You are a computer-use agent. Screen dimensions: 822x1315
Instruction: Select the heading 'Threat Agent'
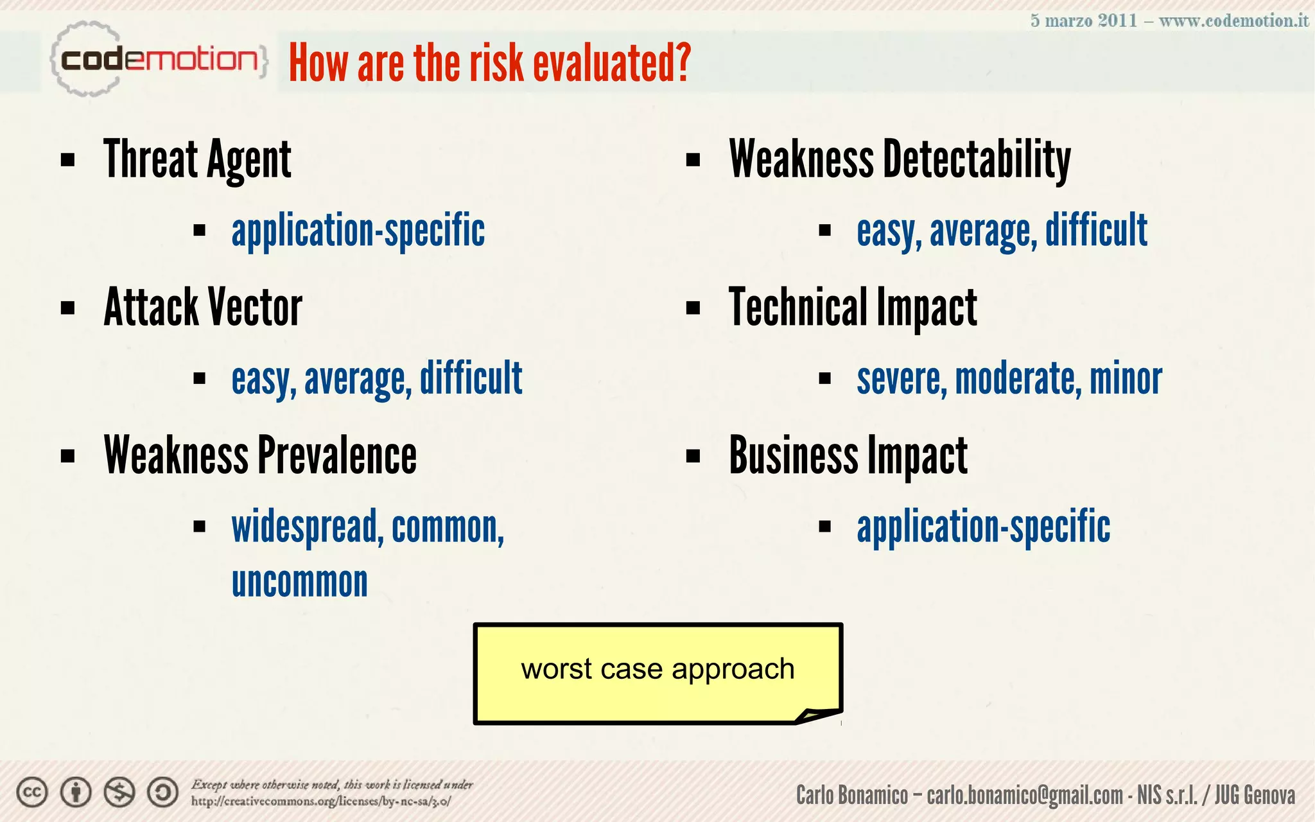pos(197,159)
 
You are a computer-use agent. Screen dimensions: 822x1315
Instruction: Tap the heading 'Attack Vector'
pos(203,308)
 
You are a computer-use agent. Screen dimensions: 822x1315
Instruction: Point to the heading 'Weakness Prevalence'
pos(260,455)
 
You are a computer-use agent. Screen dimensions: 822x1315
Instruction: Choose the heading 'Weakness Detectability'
pos(900,159)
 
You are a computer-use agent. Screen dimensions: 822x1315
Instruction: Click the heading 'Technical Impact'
pos(853,308)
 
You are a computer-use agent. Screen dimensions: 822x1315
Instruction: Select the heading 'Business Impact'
pos(848,455)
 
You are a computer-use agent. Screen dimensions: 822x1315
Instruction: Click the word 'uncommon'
pos(299,582)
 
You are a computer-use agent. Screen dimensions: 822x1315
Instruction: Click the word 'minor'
pos(1126,379)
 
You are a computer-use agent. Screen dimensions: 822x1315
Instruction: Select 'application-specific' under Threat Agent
pos(358,231)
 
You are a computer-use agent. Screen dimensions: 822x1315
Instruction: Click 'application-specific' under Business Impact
pos(983,527)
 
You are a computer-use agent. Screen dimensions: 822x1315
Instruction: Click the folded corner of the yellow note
pos(818,715)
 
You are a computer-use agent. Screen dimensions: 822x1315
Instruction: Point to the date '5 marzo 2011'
pos(1083,21)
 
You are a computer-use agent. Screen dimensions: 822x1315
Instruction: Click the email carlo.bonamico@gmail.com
pos(1024,795)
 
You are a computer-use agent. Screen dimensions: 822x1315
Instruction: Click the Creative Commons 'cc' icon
pos(31,792)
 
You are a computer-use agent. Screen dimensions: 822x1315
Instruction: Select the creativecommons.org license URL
pos(320,801)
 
